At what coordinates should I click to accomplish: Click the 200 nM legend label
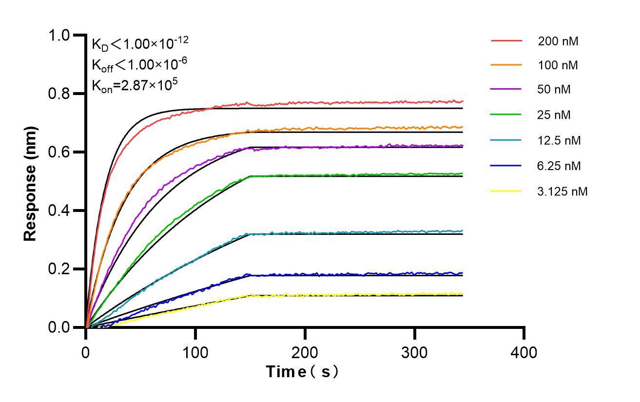pos(558,41)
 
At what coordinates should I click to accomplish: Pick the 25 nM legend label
pos(555,115)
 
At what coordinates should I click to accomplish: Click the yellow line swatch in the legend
pos(506,191)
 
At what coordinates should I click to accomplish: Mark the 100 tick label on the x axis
pos(195,351)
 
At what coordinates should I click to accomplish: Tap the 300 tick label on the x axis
pos(415,351)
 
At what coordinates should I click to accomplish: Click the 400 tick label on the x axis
pos(524,351)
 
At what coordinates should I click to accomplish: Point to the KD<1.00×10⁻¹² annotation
pos(140,45)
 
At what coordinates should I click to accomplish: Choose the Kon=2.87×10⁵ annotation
pos(135,85)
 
